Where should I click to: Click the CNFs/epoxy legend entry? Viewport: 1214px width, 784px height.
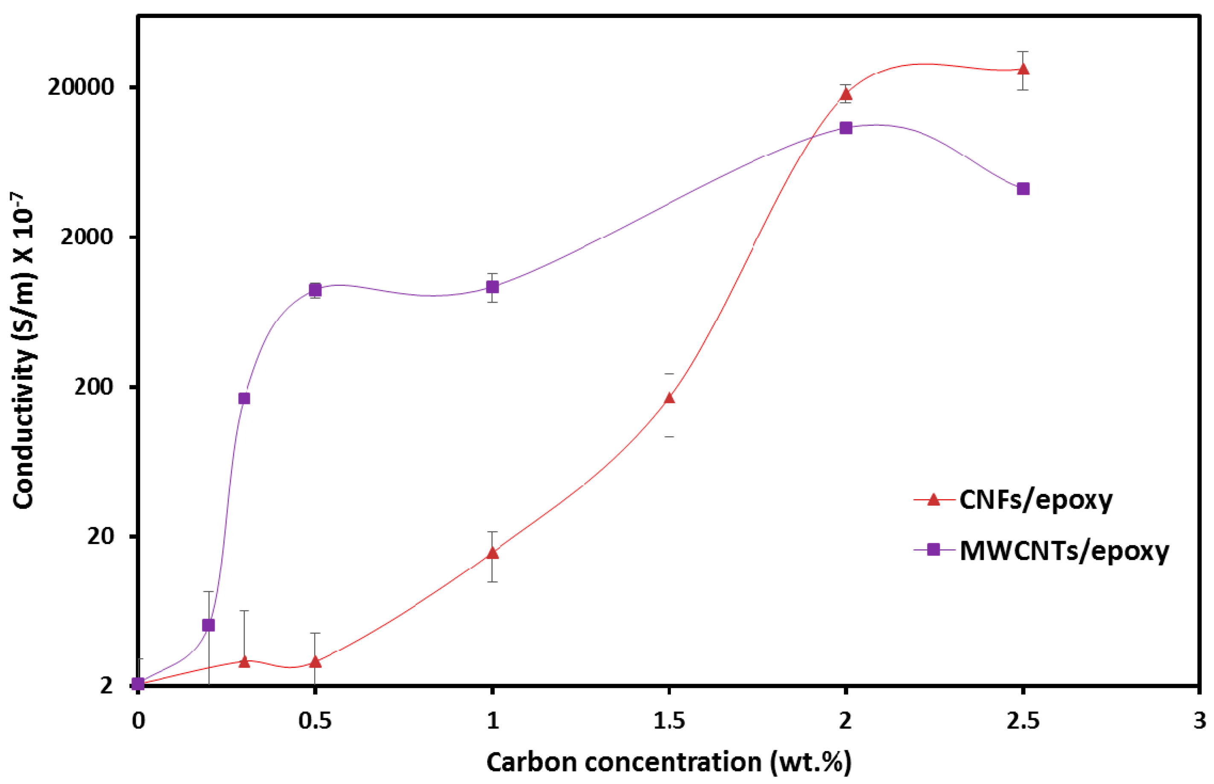coord(1035,500)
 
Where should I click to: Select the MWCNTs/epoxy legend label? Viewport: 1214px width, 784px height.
coord(1064,550)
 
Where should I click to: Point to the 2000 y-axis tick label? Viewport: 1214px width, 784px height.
coord(87,237)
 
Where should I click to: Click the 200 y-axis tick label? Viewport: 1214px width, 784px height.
coord(93,387)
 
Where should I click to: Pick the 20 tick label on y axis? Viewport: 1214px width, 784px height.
coord(100,536)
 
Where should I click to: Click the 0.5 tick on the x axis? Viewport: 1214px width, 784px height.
coord(315,721)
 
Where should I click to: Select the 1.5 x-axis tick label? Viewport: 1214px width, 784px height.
coord(669,721)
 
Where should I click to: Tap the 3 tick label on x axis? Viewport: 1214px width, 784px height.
coord(1200,721)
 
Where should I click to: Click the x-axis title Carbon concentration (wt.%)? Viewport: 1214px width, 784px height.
coord(669,763)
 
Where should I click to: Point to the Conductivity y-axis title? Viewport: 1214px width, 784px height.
coord(24,351)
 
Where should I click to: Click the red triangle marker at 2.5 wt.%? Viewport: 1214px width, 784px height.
coord(1023,69)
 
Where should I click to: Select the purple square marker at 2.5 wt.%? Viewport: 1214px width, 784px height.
coord(1023,189)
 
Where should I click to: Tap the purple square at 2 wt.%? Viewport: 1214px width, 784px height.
coord(846,128)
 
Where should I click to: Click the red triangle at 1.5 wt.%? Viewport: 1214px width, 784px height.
coord(669,398)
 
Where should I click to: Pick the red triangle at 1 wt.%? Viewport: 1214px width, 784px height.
coord(492,553)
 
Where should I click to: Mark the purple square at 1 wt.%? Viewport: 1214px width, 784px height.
coord(492,287)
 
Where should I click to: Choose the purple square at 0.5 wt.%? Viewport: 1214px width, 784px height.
coord(315,290)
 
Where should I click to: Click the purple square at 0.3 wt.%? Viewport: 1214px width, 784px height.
coord(244,398)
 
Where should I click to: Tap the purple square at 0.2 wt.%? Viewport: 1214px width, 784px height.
coord(208,625)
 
